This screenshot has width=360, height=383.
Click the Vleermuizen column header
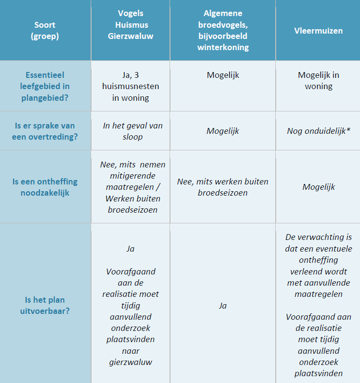tap(318, 31)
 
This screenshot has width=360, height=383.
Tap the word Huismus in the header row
tap(130, 24)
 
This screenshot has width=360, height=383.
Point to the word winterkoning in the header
tap(223, 47)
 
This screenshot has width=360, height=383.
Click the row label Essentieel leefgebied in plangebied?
tap(45, 86)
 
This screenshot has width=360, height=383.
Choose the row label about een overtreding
tap(45, 131)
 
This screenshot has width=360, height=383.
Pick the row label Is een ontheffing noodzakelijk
tap(45, 187)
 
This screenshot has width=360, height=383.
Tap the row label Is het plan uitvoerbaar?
tap(45, 305)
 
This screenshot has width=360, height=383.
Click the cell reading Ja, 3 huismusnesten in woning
tap(130, 86)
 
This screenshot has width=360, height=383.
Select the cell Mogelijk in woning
tap(318, 81)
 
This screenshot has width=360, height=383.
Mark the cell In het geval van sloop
tap(130, 131)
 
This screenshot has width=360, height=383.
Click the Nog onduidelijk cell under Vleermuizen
tap(318, 131)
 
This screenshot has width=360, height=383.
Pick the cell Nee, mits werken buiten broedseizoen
tap(223, 187)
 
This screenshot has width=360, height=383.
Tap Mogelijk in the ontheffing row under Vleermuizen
tap(318, 187)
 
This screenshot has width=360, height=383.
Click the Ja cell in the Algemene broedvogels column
tap(223, 306)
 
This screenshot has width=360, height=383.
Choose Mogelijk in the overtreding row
tap(223, 131)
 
